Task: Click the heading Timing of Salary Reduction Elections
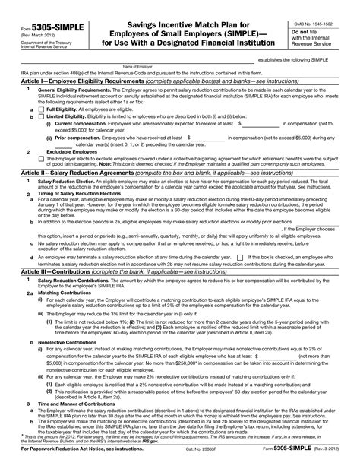click(75, 195)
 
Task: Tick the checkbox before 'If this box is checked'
click(240, 258)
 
